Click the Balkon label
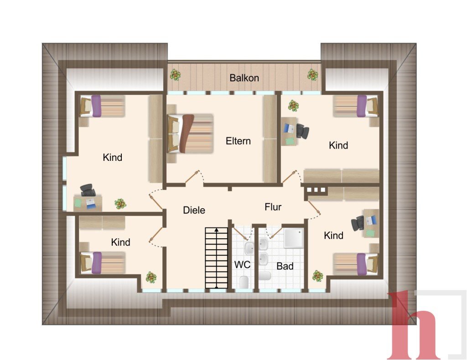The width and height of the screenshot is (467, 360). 244,78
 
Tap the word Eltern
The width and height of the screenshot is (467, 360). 238,141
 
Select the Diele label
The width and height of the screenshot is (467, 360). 194,210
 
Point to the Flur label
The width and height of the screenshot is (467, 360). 273,207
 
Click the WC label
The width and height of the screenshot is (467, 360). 242,264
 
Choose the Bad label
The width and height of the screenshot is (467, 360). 285,266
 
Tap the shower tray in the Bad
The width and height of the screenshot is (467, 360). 293,238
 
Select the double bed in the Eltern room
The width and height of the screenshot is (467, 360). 191,134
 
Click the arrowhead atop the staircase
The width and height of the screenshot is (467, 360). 217,230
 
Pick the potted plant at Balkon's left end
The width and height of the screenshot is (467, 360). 176,75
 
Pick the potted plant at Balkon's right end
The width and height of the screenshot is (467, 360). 312,75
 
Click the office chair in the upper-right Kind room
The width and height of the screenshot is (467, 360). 302,131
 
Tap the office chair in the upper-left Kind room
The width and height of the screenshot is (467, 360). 87,190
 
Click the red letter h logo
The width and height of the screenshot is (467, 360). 415,325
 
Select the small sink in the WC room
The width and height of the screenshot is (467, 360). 249,248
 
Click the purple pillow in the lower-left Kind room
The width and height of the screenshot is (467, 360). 97,263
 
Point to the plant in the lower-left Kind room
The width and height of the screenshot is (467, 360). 151,277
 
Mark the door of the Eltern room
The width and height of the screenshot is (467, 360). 192,177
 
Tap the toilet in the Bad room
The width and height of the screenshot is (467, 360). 265,276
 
